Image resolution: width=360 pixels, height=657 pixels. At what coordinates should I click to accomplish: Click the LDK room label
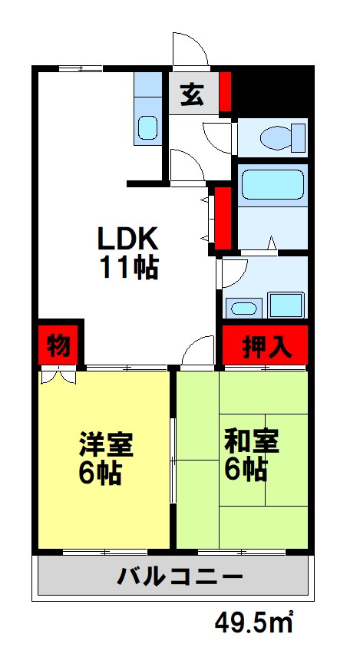tap(127, 238)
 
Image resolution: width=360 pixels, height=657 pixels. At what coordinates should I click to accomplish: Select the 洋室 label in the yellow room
tap(106, 444)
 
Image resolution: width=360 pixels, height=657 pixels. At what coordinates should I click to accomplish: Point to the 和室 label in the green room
tap(251, 441)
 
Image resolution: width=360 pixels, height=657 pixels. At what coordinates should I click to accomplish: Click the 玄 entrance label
tap(191, 95)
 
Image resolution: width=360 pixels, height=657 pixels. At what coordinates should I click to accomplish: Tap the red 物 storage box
tap(58, 345)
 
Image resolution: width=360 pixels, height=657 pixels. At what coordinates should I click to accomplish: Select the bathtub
tap(272, 185)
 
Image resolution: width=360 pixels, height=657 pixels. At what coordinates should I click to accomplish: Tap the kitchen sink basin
tap(147, 127)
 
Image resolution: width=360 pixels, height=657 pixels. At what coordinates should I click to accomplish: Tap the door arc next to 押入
tap(199, 352)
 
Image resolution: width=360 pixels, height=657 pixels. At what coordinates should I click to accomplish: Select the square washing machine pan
tap(286, 304)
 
